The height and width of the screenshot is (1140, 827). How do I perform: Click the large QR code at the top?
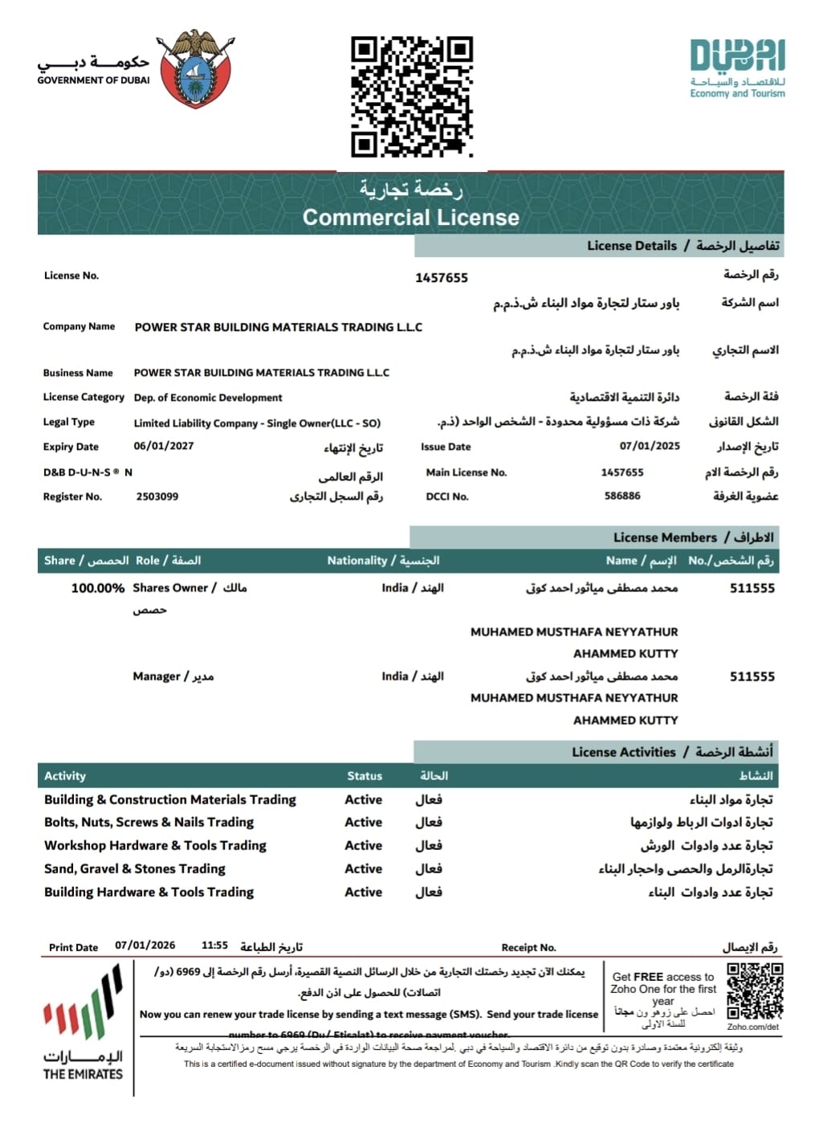(x=411, y=96)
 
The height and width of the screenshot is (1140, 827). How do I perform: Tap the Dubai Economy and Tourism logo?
(x=737, y=68)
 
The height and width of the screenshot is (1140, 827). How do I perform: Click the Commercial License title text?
(x=410, y=217)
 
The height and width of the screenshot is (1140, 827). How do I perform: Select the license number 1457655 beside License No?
(x=441, y=278)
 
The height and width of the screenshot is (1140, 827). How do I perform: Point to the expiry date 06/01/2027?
(x=163, y=446)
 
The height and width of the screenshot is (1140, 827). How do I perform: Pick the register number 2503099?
(x=157, y=496)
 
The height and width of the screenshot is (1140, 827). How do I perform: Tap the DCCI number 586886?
(x=622, y=496)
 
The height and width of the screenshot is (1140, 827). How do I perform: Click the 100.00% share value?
(x=97, y=588)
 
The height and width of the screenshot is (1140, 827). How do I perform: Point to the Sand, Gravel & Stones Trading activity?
(x=135, y=868)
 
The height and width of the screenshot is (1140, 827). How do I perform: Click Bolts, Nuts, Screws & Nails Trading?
(x=149, y=822)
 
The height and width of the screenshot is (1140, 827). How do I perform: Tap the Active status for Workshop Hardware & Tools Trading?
(x=363, y=845)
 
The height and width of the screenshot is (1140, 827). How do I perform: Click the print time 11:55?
(x=214, y=946)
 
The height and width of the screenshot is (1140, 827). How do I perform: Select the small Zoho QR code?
(x=754, y=991)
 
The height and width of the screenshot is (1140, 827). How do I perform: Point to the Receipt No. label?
(x=528, y=947)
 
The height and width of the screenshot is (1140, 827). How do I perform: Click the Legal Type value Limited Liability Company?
(x=257, y=423)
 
